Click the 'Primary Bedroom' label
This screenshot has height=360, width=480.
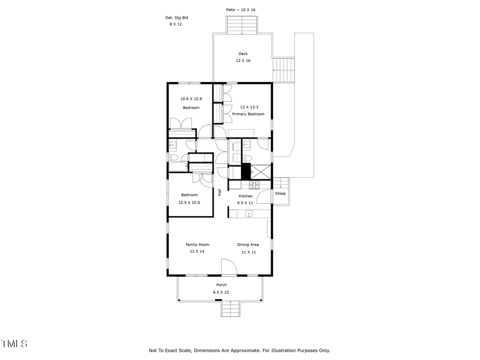pos(248,114)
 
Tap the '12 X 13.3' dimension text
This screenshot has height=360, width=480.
pos(249,107)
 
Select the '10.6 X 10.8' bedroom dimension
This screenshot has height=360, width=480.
pos(191,99)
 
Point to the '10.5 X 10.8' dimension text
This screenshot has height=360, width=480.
pos(189,202)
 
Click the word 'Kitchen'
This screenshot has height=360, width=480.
pos(245,196)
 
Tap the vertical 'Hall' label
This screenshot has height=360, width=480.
pos(219,193)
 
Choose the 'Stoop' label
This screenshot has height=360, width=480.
pos(280,193)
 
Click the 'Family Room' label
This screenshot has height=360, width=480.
pos(197,245)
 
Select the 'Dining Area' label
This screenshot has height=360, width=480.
pos(248,245)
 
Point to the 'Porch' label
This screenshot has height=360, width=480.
pos(221,285)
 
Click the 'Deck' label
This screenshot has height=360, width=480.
pos(243,53)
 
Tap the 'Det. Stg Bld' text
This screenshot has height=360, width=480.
pos(176,18)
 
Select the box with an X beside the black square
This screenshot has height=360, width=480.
pos(261,172)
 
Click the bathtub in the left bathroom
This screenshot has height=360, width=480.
pos(178,167)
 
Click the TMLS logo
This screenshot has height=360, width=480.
pos(14,344)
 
